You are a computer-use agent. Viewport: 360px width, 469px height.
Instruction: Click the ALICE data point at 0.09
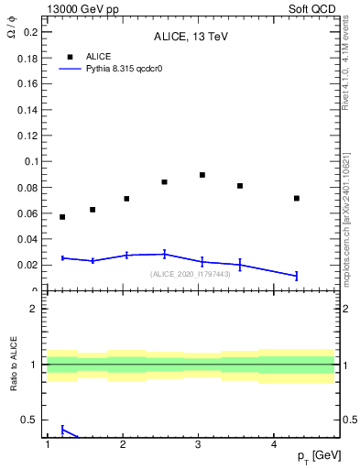tap(202, 175)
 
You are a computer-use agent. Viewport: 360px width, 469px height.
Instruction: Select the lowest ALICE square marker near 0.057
tap(62, 217)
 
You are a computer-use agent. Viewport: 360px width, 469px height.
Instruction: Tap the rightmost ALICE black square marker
tap(297, 198)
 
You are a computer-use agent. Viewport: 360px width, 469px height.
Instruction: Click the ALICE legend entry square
tap(69, 56)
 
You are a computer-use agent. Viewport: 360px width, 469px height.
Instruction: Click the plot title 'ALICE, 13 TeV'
tap(190, 38)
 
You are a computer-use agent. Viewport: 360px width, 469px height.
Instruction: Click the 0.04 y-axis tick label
tap(28, 239)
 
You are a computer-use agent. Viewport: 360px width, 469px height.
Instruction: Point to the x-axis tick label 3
tap(198, 445)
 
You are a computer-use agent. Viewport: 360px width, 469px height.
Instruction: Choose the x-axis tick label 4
tap(274, 445)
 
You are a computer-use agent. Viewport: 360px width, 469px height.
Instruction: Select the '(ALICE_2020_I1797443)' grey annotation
tap(190, 273)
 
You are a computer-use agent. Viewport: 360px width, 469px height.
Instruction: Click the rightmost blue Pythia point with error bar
tap(297, 276)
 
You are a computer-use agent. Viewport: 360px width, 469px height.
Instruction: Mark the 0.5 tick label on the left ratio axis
tap(30, 420)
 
